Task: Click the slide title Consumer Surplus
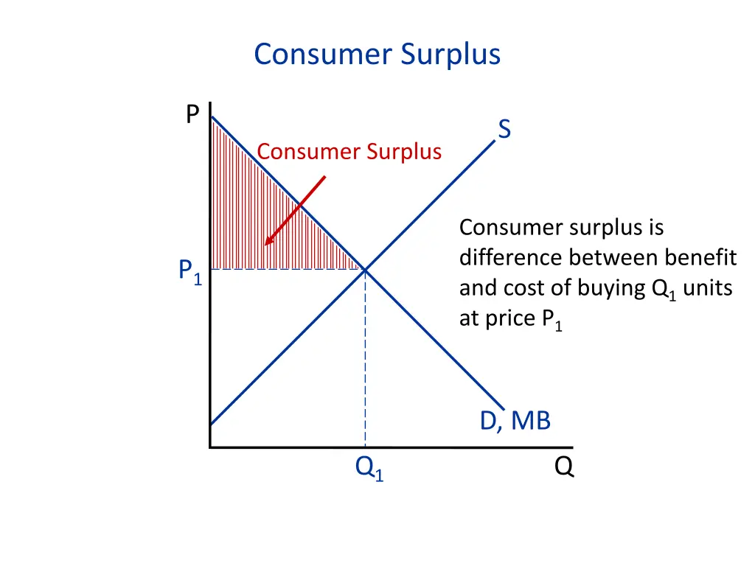(377, 55)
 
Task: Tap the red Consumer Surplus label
(349, 152)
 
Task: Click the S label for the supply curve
(504, 130)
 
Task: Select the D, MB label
(515, 421)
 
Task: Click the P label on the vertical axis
(192, 114)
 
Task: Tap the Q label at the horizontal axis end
(564, 467)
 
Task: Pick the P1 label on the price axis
(189, 272)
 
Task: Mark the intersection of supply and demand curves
(365, 270)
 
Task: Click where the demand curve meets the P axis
(211, 116)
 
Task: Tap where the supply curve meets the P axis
(211, 424)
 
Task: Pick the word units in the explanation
(707, 287)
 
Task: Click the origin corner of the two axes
(210, 447)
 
